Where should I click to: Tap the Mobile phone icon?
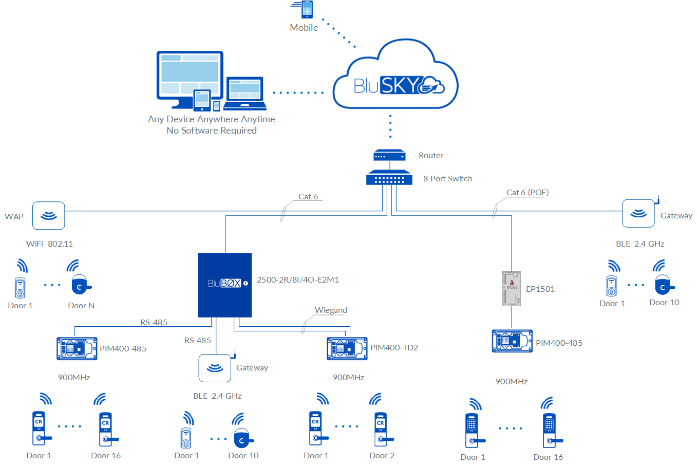(307, 9)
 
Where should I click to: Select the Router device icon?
(389, 155)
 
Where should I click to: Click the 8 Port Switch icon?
(389, 178)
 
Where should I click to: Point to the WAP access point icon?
(49, 215)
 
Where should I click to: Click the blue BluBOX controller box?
(224, 285)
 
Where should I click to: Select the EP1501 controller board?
(512, 289)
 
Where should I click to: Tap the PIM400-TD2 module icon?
(347, 348)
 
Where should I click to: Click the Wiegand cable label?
(331, 310)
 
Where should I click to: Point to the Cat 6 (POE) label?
(528, 193)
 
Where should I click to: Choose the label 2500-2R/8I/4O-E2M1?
(298, 280)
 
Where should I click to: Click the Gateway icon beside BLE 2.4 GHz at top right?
(638, 213)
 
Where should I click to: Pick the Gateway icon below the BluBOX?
(215, 368)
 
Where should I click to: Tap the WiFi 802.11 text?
(50, 244)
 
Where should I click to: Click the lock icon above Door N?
(80, 285)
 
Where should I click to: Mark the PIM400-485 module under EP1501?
(512, 341)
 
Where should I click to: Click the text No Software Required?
(212, 131)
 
